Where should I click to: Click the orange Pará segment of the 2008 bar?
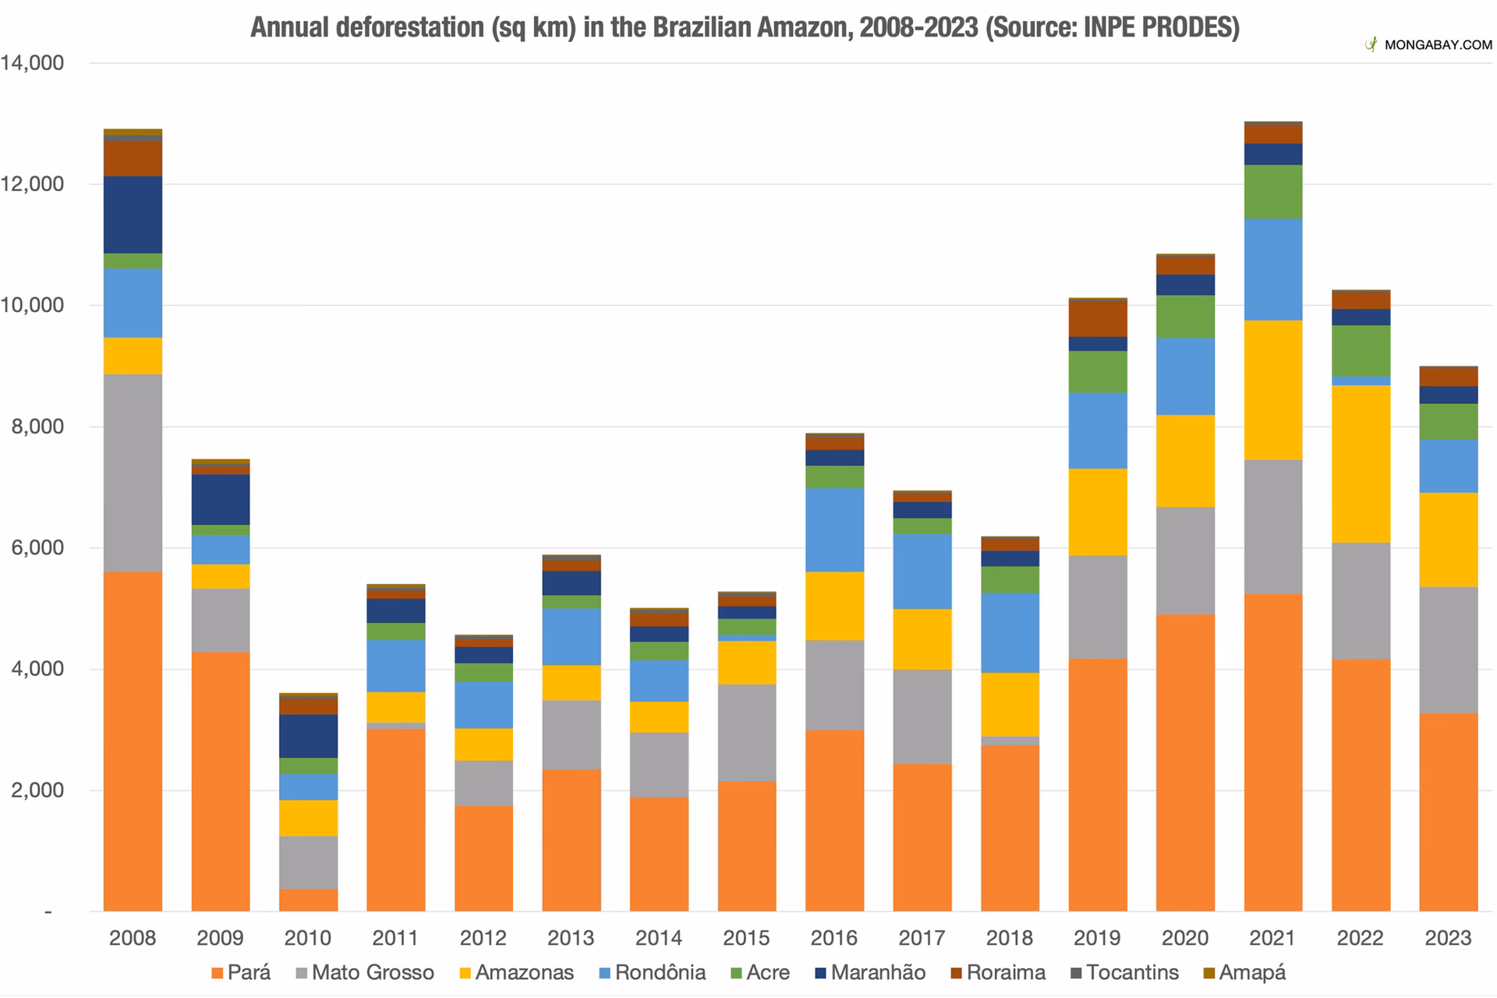click(133, 741)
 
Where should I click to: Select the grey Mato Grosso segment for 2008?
click(133, 472)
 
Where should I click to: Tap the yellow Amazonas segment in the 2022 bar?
click(1361, 463)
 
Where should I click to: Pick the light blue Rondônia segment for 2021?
click(1273, 269)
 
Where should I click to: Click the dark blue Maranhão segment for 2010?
click(308, 736)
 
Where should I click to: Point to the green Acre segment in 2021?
click(1273, 192)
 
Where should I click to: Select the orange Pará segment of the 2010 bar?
click(308, 900)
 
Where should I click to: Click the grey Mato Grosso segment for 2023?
click(1449, 649)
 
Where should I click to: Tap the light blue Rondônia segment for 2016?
click(834, 529)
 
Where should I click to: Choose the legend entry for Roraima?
click(997, 972)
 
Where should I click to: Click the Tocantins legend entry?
click(1124, 972)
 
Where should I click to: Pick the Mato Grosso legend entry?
click(364, 972)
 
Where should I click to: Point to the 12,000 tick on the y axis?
click(32, 184)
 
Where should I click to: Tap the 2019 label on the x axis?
click(1097, 937)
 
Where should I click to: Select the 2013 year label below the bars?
click(571, 937)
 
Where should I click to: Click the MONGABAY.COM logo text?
click(1438, 45)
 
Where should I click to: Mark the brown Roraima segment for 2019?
click(1098, 318)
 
